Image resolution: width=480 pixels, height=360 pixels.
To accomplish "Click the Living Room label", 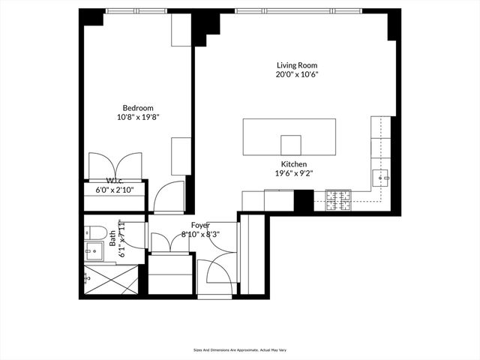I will click(x=295, y=65).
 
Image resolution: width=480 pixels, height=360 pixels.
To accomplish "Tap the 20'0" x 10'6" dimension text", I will click(x=295, y=75).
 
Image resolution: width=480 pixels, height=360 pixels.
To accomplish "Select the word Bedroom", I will click(x=138, y=107).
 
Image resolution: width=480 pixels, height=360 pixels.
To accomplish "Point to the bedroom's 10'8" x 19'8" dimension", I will click(x=138, y=117).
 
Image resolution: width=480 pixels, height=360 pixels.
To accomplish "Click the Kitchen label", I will click(x=294, y=163).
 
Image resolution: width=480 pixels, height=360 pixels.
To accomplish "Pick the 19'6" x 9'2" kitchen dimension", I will click(x=294, y=173).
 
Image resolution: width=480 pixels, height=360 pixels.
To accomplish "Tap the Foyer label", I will click(x=200, y=224).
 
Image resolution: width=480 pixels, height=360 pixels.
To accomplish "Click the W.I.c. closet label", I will click(x=114, y=181).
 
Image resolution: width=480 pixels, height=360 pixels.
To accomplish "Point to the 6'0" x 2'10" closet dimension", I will click(x=114, y=190).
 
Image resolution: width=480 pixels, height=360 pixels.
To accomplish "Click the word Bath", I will click(x=113, y=238).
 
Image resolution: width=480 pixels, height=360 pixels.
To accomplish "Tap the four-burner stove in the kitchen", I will click(x=338, y=199).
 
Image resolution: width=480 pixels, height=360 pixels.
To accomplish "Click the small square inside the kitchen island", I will click(x=291, y=144).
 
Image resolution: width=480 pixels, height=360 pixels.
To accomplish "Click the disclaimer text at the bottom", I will click(x=239, y=349).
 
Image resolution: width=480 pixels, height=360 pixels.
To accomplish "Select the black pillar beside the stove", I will click(x=303, y=200).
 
